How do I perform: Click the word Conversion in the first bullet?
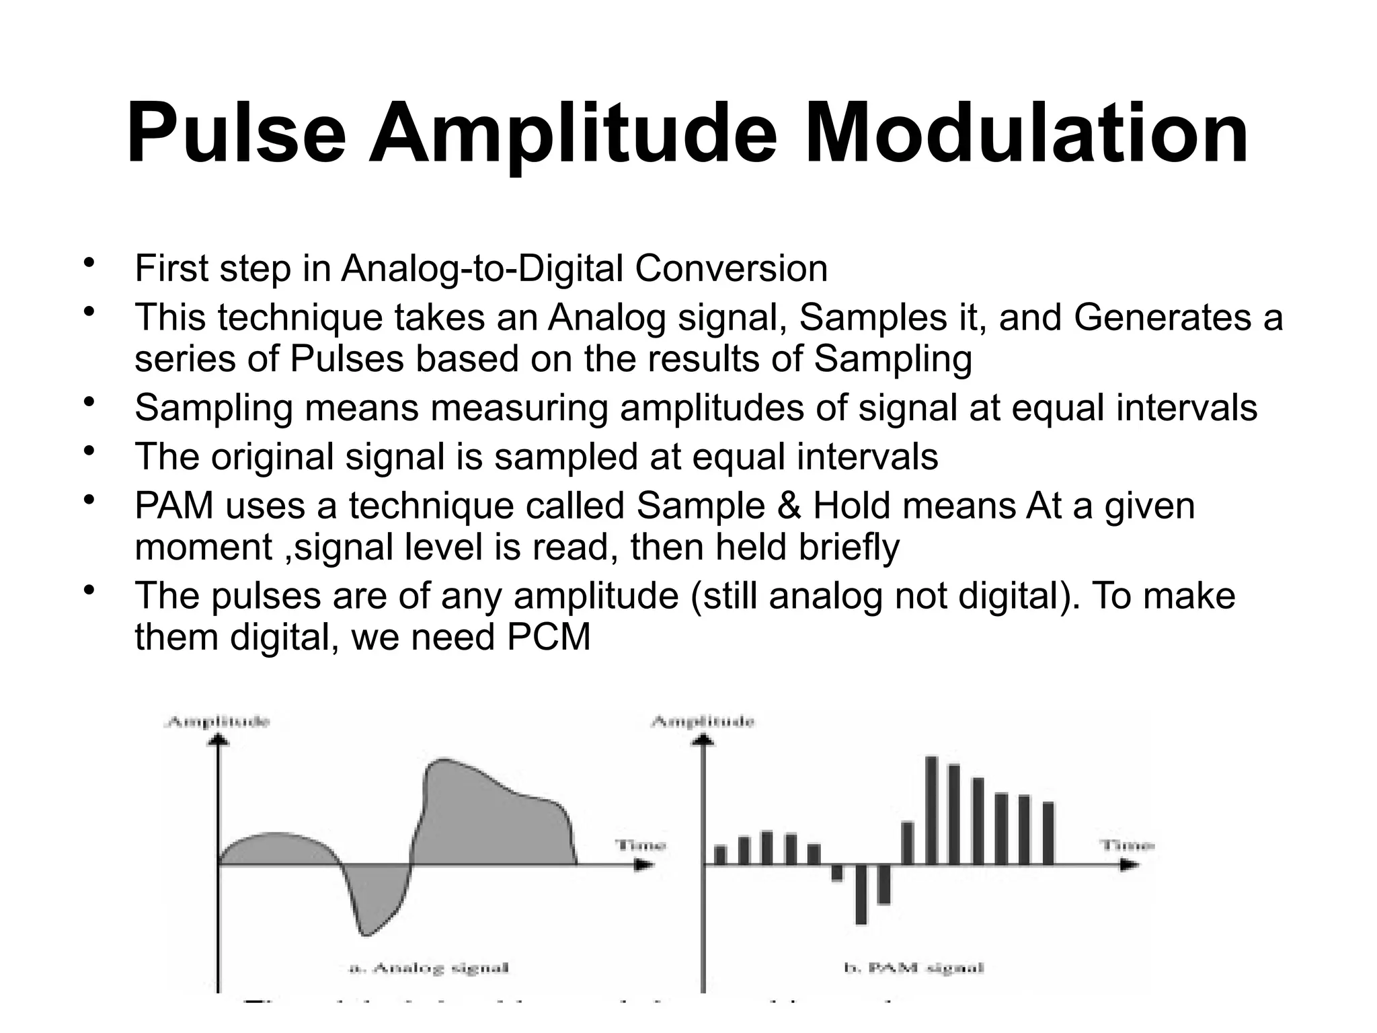point(731,269)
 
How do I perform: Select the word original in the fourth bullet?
point(272,457)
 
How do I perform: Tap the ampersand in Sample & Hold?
point(789,506)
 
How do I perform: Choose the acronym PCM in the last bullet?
point(549,637)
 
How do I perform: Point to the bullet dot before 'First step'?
point(87,263)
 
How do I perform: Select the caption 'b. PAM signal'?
point(914,968)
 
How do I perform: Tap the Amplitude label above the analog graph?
point(218,722)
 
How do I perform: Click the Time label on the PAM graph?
point(1126,845)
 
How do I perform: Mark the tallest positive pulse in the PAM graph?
point(931,810)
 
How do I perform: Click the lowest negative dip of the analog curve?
point(365,933)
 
